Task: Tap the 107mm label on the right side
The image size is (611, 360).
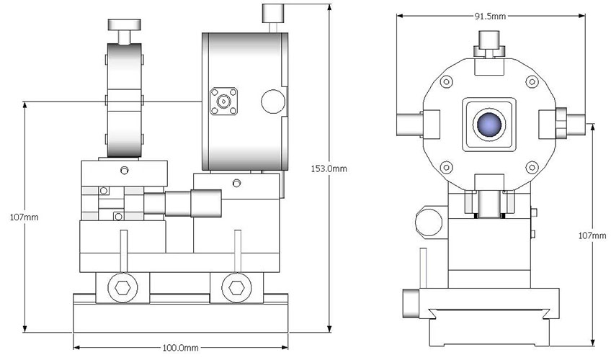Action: click(594, 235)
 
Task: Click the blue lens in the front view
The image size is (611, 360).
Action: click(489, 125)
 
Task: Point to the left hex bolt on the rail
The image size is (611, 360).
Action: click(120, 288)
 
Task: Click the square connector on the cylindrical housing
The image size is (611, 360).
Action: click(221, 103)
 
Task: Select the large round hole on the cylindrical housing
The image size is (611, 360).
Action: click(272, 101)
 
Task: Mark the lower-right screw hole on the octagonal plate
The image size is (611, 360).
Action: click(532, 168)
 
